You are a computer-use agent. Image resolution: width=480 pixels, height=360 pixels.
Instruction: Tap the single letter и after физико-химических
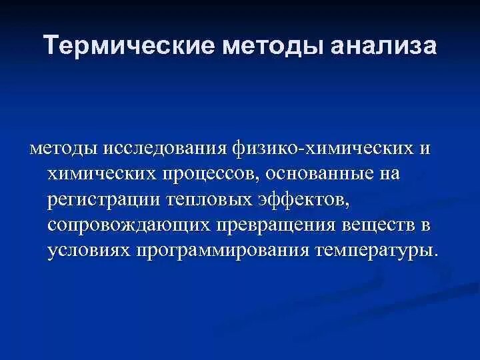425,148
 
